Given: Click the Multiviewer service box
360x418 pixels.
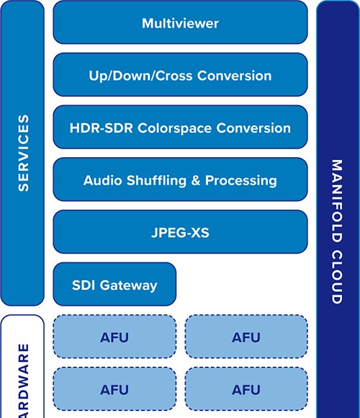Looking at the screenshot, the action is point(180,22).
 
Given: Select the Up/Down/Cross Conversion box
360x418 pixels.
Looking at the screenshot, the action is point(180,75).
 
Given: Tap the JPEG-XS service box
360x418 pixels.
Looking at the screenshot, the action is point(180,231).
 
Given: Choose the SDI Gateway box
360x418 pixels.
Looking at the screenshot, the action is point(114,284).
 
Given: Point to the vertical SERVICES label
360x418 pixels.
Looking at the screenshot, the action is point(24,153).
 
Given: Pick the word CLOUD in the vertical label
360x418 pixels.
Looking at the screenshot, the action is point(336,277).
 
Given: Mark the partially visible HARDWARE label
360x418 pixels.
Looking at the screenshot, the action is point(24,381).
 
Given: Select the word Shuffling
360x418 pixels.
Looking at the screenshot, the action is point(156,180).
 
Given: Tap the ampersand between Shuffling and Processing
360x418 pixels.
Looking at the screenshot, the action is point(196,180).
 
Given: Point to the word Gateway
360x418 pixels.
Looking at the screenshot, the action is point(129,285).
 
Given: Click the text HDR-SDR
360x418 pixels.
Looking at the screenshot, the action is point(102,128).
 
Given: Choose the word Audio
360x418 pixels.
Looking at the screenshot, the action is point(102,180).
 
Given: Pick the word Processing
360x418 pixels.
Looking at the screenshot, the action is point(241,180).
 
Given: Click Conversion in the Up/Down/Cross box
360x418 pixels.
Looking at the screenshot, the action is point(234,76).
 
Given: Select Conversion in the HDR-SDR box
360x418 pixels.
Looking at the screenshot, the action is point(253,128).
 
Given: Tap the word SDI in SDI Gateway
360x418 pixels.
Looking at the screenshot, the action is point(84,285).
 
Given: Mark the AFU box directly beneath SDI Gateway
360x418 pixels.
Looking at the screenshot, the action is point(114,337).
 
